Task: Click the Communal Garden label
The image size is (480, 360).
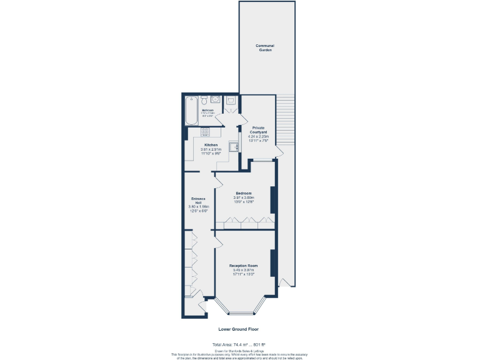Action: [x=265, y=47]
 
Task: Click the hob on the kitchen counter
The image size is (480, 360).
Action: [x=205, y=132]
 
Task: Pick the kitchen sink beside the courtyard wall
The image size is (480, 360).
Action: [x=234, y=147]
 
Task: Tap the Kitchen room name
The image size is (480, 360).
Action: [x=211, y=145]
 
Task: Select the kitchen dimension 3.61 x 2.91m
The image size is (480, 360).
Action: [x=211, y=149]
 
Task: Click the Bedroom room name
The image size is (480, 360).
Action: [x=243, y=193]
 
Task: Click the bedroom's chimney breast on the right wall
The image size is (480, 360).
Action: [x=272, y=199]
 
